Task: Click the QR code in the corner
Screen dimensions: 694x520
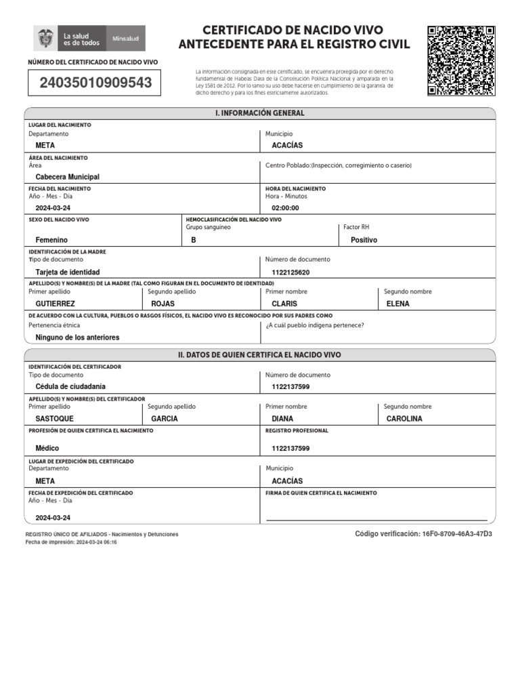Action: (461, 60)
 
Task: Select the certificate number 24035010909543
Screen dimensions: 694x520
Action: (95, 83)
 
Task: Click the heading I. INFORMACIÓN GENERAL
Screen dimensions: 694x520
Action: (260, 113)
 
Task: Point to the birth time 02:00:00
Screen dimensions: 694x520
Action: (285, 208)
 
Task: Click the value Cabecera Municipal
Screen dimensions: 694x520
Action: (67, 177)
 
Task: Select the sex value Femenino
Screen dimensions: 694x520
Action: (51, 240)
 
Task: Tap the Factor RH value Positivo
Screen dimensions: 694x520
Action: (364, 240)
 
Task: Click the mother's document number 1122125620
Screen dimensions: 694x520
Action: (290, 272)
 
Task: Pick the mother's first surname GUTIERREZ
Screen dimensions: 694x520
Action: (55, 304)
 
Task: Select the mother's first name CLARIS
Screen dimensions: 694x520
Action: (284, 304)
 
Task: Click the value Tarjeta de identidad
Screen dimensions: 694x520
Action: (72, 272)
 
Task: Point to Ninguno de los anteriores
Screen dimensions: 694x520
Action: (77, 337)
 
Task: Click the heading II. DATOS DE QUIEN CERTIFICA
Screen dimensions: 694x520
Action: (260, 354)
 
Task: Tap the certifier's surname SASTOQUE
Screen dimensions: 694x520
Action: (54, 419)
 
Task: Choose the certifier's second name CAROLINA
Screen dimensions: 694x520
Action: (404, 419)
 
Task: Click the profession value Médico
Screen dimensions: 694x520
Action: (47, 448)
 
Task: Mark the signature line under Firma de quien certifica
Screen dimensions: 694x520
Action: (376, 520)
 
